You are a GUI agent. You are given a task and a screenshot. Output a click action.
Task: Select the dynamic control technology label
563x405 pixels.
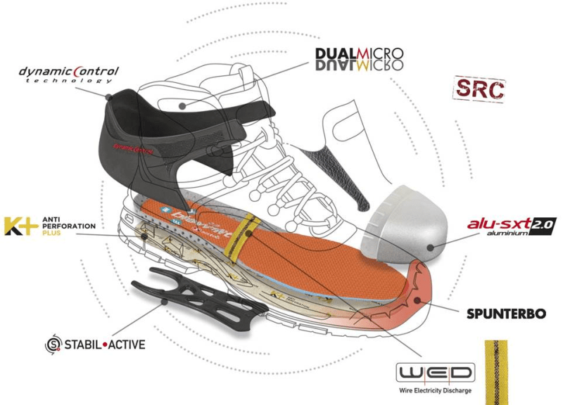(x=68, y=74)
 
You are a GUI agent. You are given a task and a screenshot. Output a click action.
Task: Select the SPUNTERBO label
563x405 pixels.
(x=505, y=313)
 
